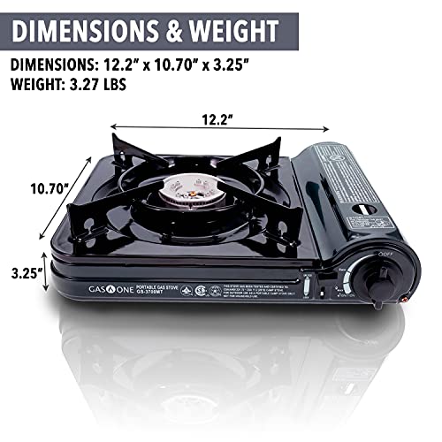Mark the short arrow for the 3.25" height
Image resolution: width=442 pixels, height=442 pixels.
coord(45,274)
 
